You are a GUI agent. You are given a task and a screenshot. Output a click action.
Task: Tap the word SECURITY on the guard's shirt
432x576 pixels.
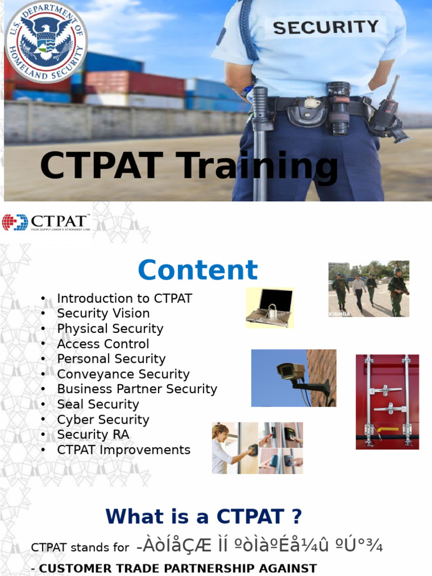coord(326,27)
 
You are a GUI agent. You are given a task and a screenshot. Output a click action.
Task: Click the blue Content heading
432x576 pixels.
coord(198,270)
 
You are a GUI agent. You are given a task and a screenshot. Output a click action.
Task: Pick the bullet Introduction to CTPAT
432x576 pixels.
coord(124,299)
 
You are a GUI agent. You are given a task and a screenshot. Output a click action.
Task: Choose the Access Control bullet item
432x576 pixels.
coord(103,344)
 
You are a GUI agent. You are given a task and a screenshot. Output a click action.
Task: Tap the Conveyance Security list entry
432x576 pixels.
coord(123,374)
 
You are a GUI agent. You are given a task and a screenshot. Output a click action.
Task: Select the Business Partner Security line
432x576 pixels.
coord(137,389)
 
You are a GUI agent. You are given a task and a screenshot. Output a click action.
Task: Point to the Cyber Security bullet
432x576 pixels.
coord(103,420)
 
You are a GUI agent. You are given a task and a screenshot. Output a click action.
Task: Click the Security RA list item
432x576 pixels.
coord(93,434)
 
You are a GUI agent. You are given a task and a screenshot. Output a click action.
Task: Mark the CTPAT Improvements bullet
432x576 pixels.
coord(124,450)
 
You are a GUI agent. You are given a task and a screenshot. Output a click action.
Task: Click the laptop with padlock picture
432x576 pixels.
coord(269,307)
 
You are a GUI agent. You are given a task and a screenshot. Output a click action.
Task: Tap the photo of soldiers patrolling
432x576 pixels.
coord(368,289)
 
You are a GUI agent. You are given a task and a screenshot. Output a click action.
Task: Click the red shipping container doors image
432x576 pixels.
coord(387,402)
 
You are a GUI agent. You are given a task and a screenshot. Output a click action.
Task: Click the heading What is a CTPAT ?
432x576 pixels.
coord(204,516)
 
